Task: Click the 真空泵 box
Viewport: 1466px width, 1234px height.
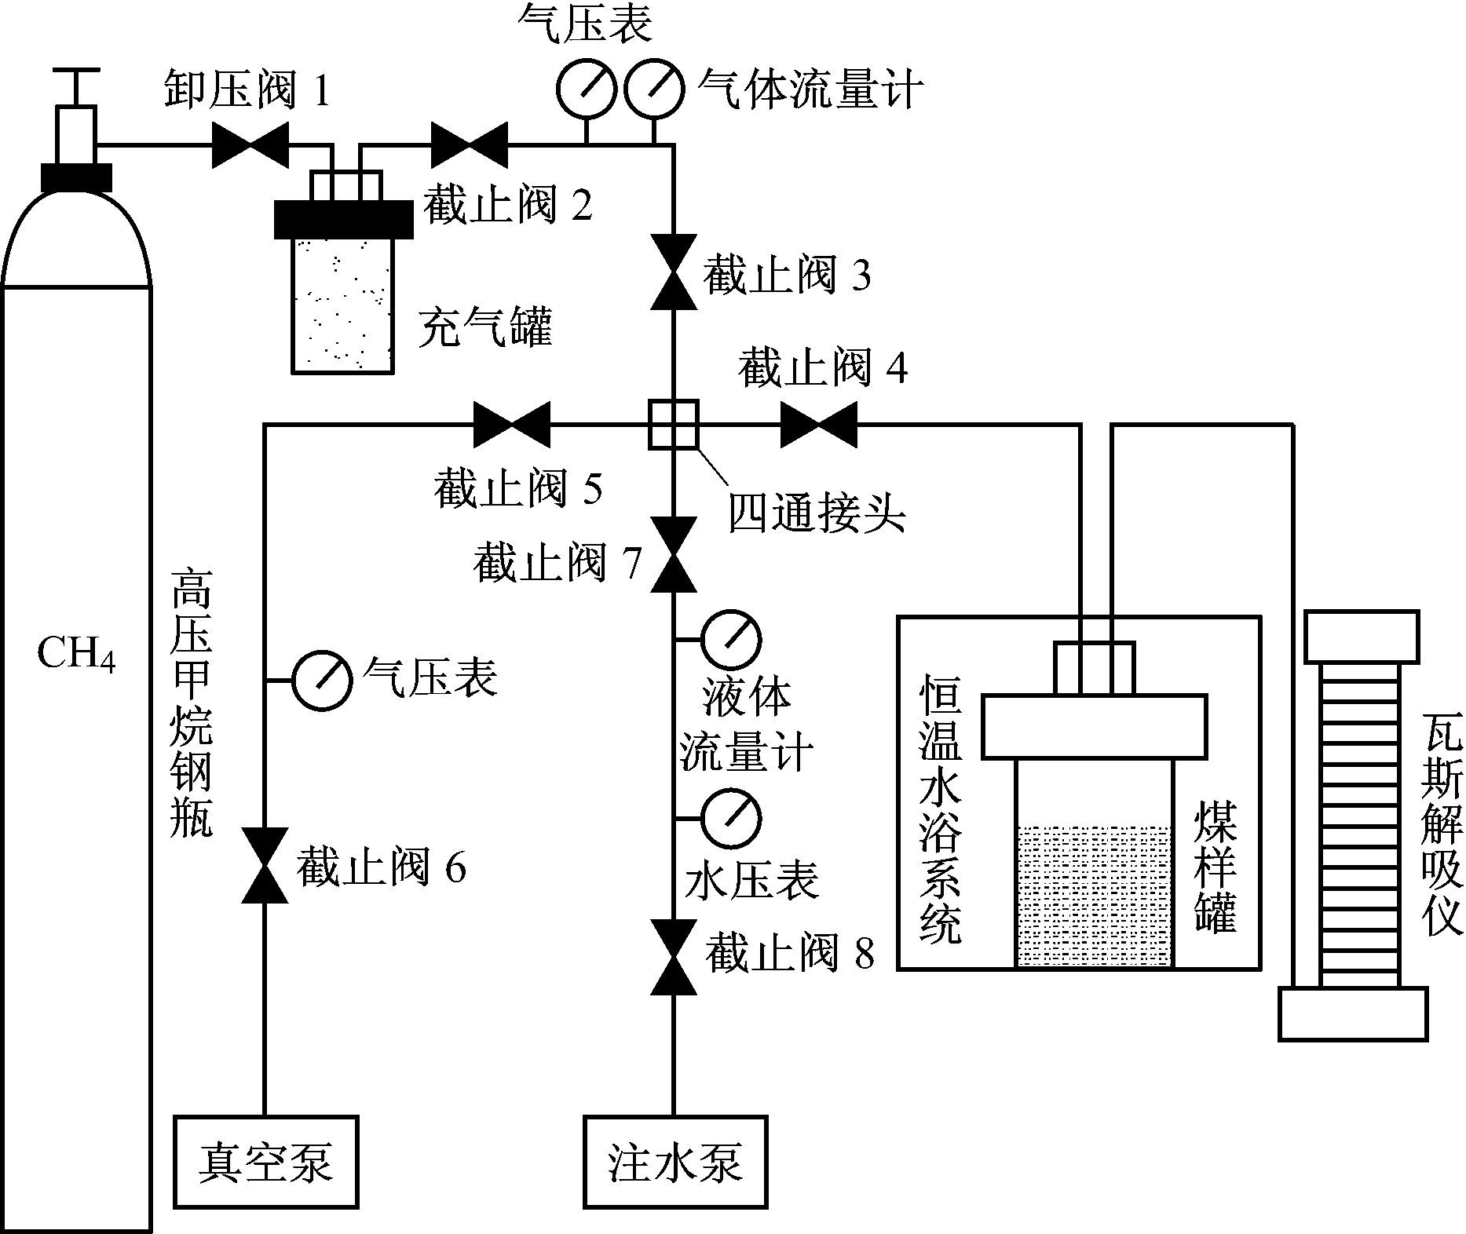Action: (265, 1161)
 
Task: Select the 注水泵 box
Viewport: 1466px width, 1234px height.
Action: (675, 1161)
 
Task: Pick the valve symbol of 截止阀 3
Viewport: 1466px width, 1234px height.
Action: (674, 272)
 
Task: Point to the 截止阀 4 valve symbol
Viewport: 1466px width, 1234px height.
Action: (818, 425)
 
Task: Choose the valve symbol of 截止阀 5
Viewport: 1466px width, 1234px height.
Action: (512, 425)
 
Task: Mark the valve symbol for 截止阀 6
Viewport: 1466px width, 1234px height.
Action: (264, 866)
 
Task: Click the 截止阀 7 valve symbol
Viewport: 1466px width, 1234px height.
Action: (674, 554)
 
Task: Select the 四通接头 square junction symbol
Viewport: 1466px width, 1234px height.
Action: (673, 425)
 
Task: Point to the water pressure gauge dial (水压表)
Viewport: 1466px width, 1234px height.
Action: (731, 819)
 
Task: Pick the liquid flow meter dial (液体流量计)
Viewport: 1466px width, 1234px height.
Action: (731, 639)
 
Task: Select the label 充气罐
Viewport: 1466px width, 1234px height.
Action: (484, 325)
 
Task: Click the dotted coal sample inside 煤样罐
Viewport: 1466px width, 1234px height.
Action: (1094, 895)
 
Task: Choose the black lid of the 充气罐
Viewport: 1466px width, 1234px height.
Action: (343, 219)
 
